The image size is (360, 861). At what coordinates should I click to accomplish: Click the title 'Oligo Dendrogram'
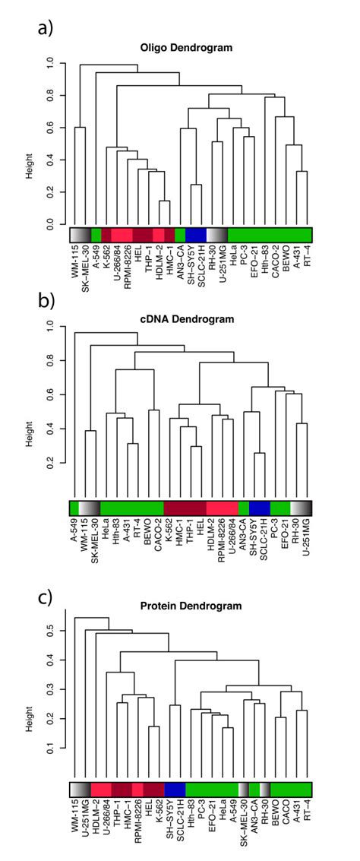click(192, 48)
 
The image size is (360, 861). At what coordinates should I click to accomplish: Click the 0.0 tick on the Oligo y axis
click(51, 226)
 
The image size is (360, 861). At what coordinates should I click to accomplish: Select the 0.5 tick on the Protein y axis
click(51, 631)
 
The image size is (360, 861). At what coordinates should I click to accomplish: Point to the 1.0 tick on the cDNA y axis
click(51, 326)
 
